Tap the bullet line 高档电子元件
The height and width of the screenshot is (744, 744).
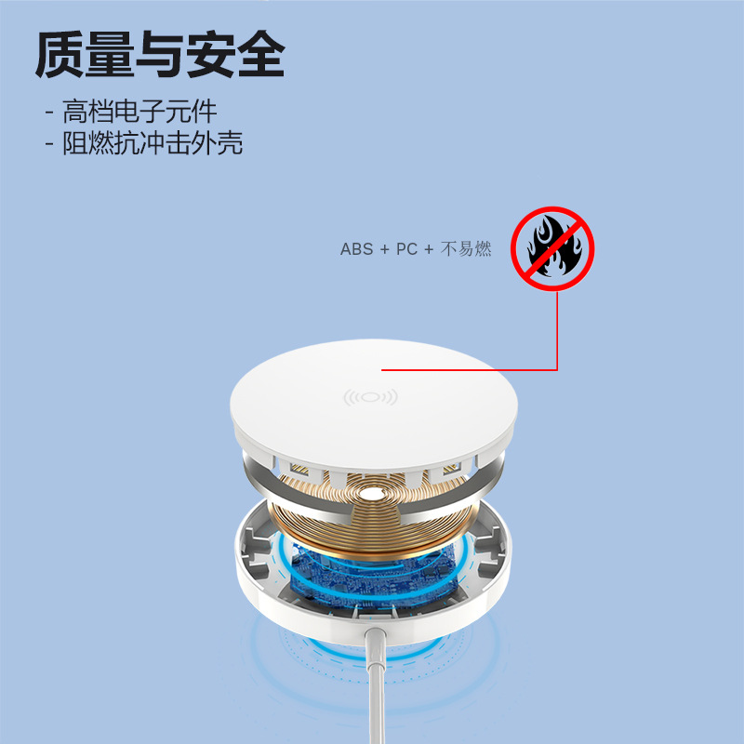(x=139, y=113)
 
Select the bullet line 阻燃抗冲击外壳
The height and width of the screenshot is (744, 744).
(x=153, y=143)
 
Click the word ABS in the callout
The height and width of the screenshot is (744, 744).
(x=356, y=249)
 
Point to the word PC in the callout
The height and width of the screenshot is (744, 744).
(x=406, y=249)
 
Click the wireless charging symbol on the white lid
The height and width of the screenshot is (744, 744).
(x=370, y=397)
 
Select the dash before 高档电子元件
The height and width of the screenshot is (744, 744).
(x=48, y=113)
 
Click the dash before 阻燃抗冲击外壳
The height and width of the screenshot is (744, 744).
(x=48, y=144)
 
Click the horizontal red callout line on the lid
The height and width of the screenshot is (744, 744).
(x=470, y=370)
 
